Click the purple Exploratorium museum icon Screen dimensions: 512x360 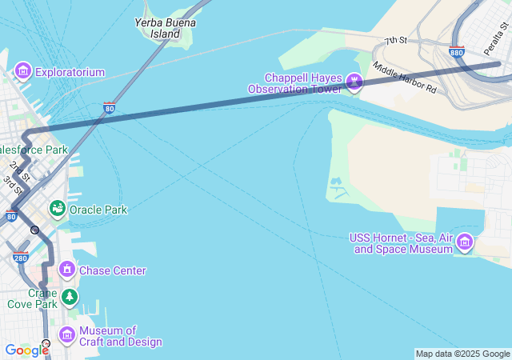(x=22, y=72)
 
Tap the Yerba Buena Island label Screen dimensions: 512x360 (x=166, y=30)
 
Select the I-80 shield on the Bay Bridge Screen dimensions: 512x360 (x=109, y=106)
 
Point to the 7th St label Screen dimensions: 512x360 (x=395, y=40)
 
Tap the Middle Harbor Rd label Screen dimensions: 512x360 (x=404, y=78)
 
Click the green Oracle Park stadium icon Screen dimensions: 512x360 (x=57, y=210)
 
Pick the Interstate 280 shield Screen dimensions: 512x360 (x=21, y=258)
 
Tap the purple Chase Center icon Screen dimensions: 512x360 (x=66, y=270)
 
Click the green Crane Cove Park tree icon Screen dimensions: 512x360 (x=70, y=298)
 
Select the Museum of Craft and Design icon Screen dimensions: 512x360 (x=67, y=334)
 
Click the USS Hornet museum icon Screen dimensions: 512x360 (x=465, y=242)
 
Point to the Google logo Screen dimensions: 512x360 (x=26, y=350)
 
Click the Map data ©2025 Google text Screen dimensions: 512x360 (x=462, y=354)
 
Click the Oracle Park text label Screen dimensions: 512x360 (x=98, y=210)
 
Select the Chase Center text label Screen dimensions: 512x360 (x=112, y=270)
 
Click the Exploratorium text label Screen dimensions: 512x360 (x=70, y=72)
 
